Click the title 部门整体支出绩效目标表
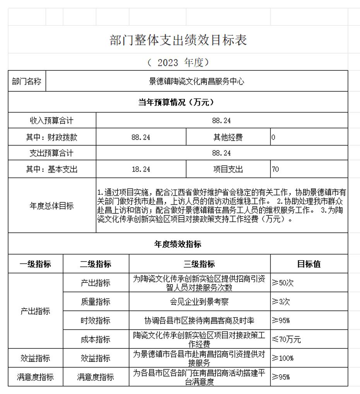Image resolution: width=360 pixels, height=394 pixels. [178, 40]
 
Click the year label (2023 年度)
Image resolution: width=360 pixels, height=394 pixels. [178, 62]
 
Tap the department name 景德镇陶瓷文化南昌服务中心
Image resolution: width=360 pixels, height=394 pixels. [196, 82]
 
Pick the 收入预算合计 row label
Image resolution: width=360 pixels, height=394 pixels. [52, 121]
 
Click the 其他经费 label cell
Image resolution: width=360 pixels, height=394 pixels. [228, 137]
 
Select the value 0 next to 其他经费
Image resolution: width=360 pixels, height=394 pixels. [273, 137]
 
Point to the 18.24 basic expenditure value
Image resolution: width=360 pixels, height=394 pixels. [141, 169]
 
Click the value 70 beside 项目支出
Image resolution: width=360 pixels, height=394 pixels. [275, 169]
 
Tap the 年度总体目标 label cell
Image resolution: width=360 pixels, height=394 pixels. [52, 206]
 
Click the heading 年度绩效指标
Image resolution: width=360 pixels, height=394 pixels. [178, 244]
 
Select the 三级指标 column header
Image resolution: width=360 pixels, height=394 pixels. [199, 264]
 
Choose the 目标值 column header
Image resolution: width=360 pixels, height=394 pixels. [309, 264]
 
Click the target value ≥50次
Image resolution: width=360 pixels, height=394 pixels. [282, 283]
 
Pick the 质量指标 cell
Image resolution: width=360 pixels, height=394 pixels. [96, 302]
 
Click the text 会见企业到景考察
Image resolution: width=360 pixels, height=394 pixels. [199, 302]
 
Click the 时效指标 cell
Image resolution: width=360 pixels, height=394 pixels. [96, 321]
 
